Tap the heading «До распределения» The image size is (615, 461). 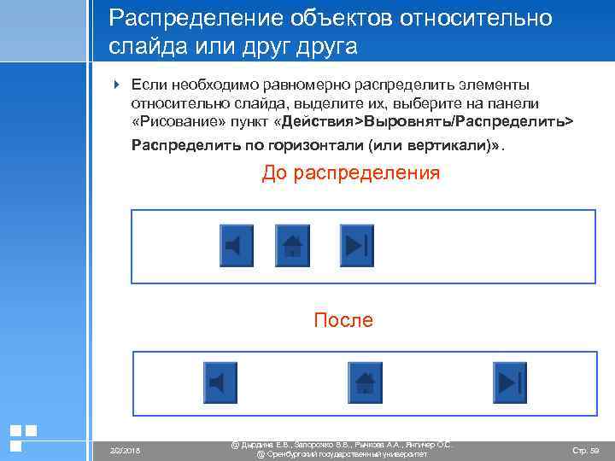pyautogui.click(x=351, y=173)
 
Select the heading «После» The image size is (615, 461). pyautogui.click(x=343, y=320)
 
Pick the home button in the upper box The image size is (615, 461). pyautogui.click(x=292, y=244)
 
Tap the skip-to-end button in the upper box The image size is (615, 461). pyautogui.click(x=356, y=244)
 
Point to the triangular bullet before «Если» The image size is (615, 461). pyautogui.click(x=118, y=85)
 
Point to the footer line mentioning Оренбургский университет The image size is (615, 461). pyautogui.click(x=342, y=454)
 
